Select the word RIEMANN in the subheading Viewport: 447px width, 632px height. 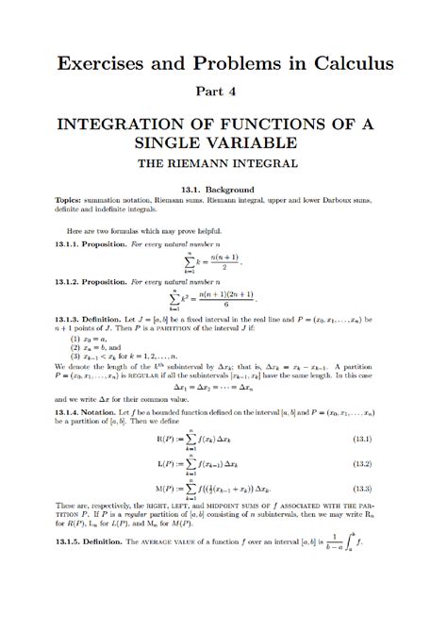(218, 163)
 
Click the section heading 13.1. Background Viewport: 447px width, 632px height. (223, 189)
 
